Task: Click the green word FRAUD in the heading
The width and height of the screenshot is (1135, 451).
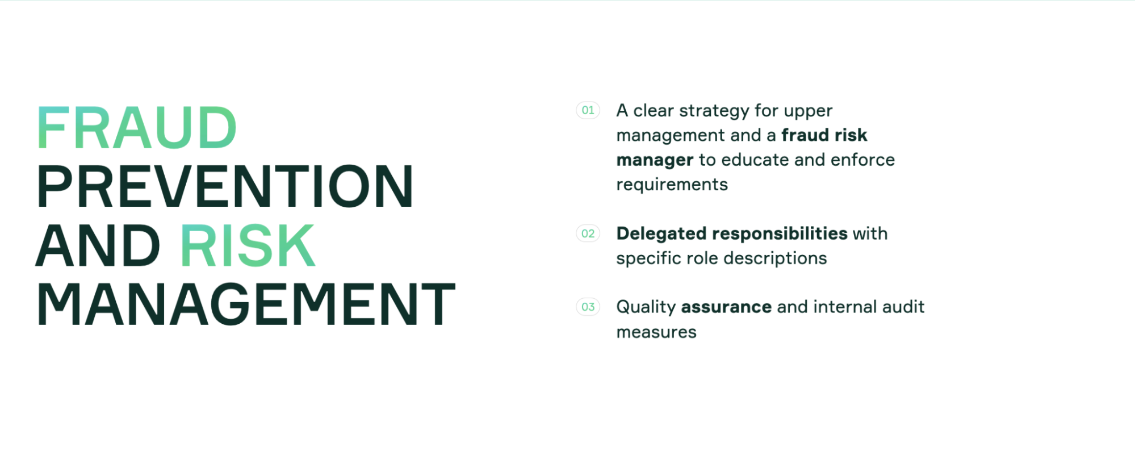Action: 136,128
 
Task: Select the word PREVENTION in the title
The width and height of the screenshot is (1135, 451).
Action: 225,187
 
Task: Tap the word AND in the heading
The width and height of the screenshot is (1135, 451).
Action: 98,245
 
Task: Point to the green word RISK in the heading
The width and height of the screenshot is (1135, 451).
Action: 248,245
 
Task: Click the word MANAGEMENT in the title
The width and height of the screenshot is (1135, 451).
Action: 246,305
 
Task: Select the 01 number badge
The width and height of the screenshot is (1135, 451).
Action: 588,110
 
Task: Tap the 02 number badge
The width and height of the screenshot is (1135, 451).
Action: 588,233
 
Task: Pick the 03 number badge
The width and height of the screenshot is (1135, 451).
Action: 588,307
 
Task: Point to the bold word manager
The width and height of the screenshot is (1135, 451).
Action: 655,161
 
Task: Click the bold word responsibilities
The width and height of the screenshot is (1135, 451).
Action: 779,233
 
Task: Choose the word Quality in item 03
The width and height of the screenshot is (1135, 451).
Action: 646,308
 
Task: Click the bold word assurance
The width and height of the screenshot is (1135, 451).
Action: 726,307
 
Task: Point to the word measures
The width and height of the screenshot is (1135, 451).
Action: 656,332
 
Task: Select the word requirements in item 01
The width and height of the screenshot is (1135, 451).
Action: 672,185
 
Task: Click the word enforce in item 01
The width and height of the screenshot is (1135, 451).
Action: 862,160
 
